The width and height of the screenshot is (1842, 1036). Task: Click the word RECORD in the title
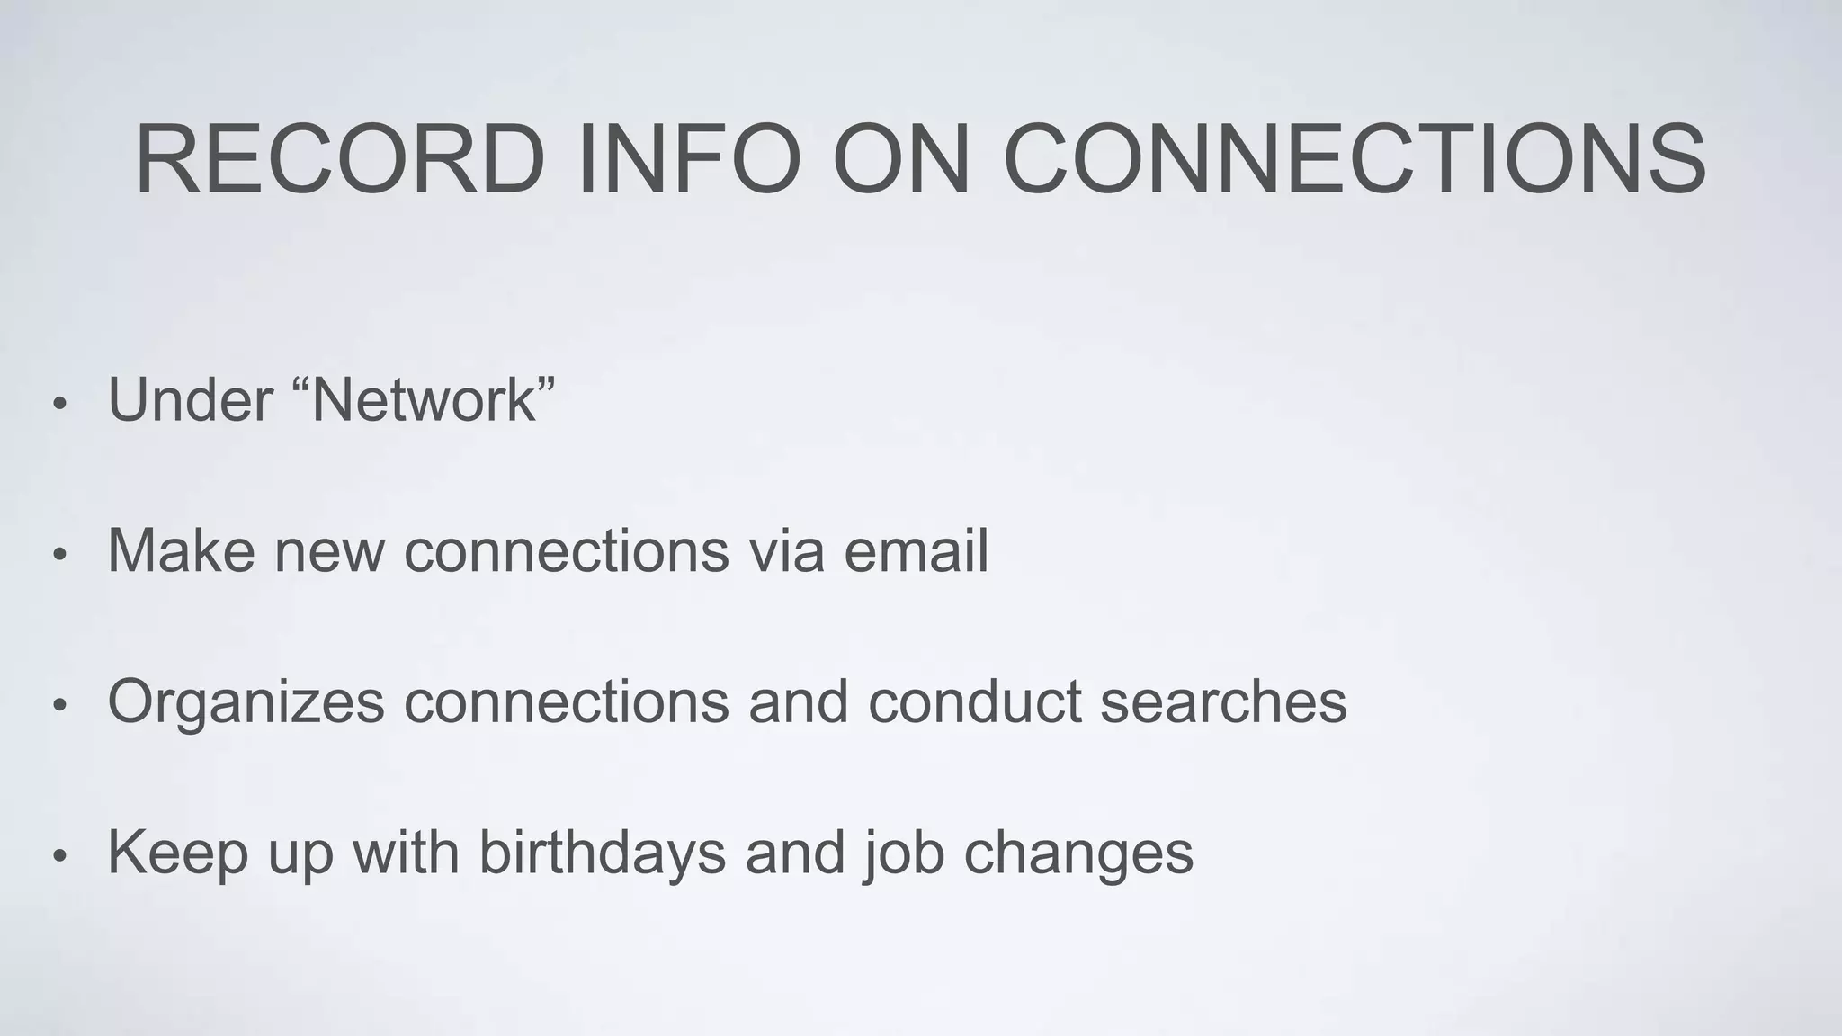(340, 159)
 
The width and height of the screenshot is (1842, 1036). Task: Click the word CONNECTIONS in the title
(1354, 159)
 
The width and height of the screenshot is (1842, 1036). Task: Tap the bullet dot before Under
(59, 403)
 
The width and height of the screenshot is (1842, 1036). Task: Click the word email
(916, 550)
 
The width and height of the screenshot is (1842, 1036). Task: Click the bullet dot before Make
(59, 554)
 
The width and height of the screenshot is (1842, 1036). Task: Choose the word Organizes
(246, 701)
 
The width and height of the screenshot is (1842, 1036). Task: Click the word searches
(1223, 701)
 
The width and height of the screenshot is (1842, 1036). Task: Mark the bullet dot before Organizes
(59, 705)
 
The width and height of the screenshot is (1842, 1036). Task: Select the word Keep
(177, 853)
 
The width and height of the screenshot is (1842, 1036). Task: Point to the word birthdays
(602, 853)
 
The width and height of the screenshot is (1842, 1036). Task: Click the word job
(902, 853)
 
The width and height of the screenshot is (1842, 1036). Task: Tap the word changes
(1078, 853)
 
